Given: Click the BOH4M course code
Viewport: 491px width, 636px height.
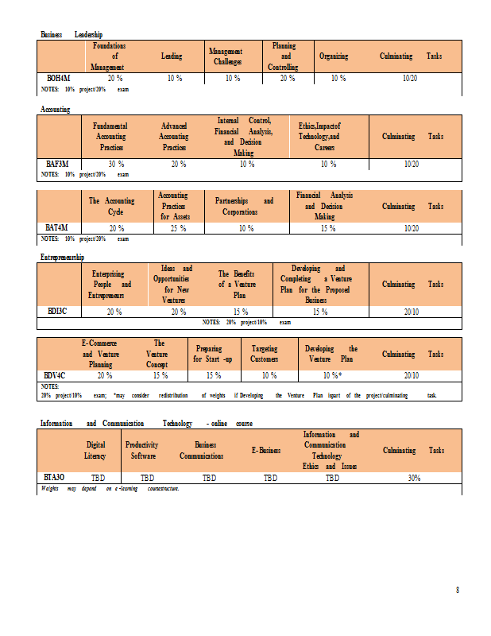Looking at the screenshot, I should click(59, 79).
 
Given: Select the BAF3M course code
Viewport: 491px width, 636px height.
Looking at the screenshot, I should click(59, 164).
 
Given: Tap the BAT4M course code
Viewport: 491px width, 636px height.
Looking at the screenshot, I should click(59, 228).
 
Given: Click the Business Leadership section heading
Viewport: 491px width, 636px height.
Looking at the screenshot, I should click(72, 34).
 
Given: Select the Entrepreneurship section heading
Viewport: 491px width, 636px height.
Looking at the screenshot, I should click(62, 258).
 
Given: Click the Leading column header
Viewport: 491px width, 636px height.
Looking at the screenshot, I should click(172, 56).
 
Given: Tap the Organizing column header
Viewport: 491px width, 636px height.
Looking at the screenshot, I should click(334, 56).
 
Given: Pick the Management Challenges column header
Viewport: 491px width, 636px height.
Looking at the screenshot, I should click(225, 56).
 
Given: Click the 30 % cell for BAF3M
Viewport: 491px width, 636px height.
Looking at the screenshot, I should click(115, 164).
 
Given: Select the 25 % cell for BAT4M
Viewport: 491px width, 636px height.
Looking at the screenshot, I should click(178, 228).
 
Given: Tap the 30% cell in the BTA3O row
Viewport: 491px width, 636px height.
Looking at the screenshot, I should click(414, 478).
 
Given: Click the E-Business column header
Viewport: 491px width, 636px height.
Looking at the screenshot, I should click(266, 451).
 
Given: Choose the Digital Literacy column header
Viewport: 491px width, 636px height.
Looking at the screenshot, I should click(95, 451).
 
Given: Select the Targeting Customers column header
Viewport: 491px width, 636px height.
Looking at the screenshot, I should click(265, 354).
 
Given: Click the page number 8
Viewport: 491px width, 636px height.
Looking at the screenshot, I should click(457, 590).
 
